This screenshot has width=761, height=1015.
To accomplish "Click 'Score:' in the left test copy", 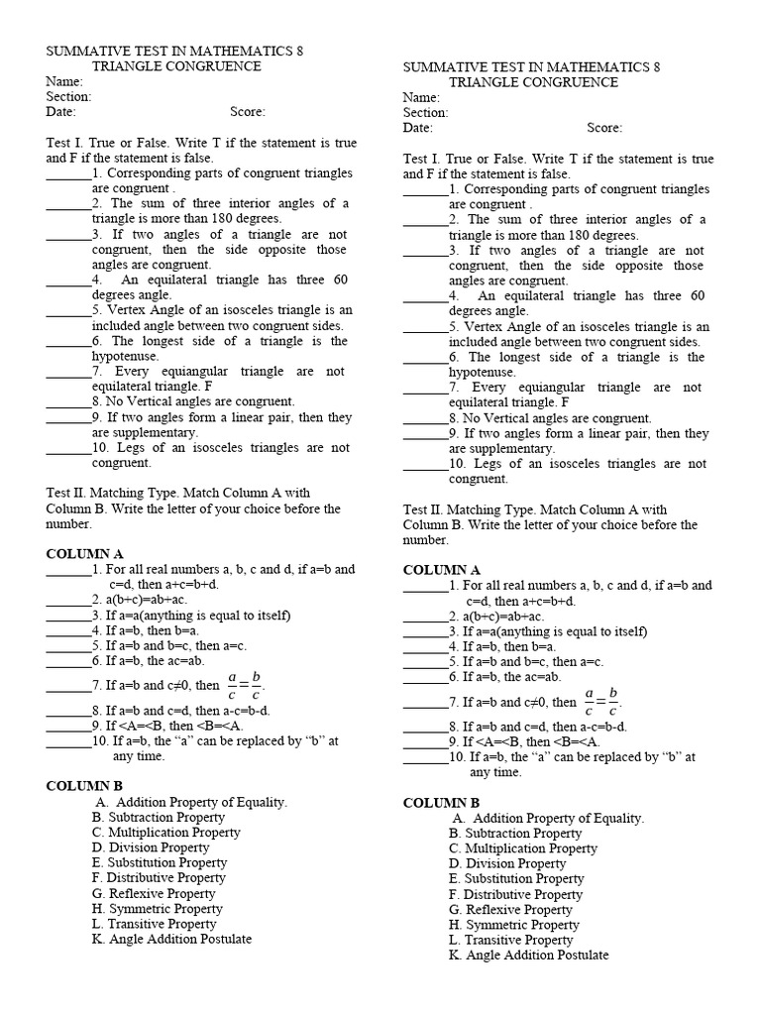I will tap(248, 112).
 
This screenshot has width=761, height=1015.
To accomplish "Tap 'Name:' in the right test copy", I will tap(421, 98).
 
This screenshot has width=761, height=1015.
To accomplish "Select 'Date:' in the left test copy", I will tap(61, 112).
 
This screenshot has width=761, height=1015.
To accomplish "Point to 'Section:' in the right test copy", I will tap(425, 113).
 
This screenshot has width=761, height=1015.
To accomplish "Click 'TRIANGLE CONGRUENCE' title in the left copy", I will tap(176, 66).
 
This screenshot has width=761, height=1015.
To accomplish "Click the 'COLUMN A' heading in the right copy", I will tap(441, 570).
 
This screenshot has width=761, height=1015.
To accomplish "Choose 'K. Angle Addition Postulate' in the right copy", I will tap(528, 955).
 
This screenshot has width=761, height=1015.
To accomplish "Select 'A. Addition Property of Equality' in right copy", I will tap(548, 818).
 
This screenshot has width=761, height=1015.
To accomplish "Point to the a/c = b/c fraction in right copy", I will tap(600, 701).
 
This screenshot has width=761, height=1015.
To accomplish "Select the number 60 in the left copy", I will tap(340, 280).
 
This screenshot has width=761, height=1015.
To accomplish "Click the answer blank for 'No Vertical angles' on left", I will tap(67, 402).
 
